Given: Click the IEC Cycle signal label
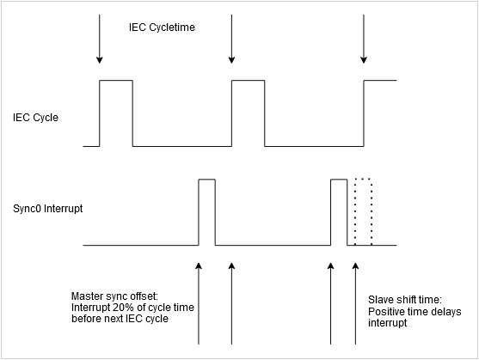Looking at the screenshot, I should (x=35, y=117).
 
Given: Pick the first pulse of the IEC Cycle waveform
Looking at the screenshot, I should (x=116, y=112).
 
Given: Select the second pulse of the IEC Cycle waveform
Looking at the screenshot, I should (x=248, y=112).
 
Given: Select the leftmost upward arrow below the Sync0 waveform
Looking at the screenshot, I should (x=199, y=301).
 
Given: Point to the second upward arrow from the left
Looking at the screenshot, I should (x=231, y=301).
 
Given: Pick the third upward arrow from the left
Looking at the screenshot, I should (x=331, y=301).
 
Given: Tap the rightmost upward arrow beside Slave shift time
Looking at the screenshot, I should (x=355, y=301).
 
